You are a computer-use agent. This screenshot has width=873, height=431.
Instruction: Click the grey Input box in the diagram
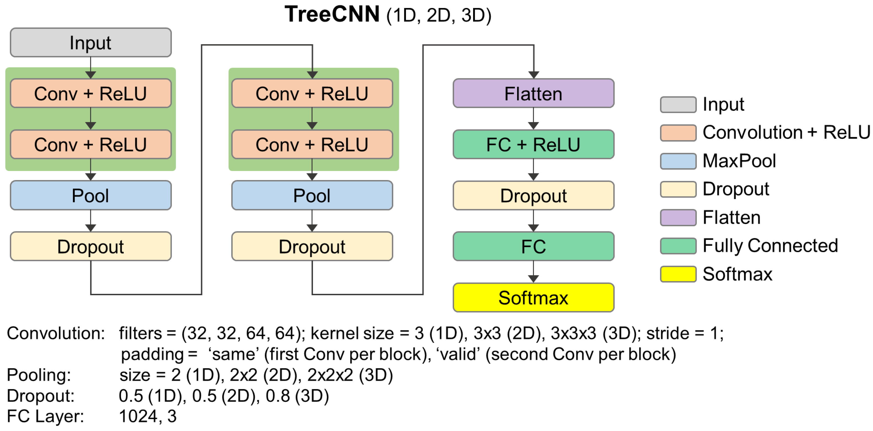pyautogui.click(x=90, y=43)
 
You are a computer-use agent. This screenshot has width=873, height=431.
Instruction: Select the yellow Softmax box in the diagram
pyautogui.click(x=533, y=298)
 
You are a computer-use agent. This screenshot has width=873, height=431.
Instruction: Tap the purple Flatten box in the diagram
pyautogui.click(x=533, y=93)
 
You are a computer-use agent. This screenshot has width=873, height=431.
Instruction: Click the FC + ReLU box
pyautogui.click(x=533, y=145)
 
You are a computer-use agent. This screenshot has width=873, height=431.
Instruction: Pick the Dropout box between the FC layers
pyautogui.click(x=533, y=196)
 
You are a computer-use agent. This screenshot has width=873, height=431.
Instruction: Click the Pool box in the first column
pyautogui.click(x=90, y=195)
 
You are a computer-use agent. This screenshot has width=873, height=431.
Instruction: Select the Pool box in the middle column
pyautogui.click(x=312, y=195)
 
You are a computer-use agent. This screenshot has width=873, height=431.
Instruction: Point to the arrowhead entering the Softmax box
pyautogui.click(x=533, y=279)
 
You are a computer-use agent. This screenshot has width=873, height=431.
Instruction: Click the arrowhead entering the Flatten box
pyautogui.click(x=533, y=74)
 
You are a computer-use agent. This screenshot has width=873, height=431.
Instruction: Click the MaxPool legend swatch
pyautogui.click(x=678, y=161)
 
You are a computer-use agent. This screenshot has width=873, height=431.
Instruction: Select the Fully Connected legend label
pyautogui.click(x=770, y=245)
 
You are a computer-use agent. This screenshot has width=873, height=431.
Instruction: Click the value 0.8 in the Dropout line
pyautogui.click(x=278, y=396)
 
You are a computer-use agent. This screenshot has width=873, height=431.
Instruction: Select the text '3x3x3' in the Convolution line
pyautogui.click(x=573, y=333)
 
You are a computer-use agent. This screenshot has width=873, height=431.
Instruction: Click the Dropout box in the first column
pyautogui.click(x=90, y=247)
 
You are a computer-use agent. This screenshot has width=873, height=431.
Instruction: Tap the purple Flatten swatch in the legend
pyautogui.click(x=678, y=217)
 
